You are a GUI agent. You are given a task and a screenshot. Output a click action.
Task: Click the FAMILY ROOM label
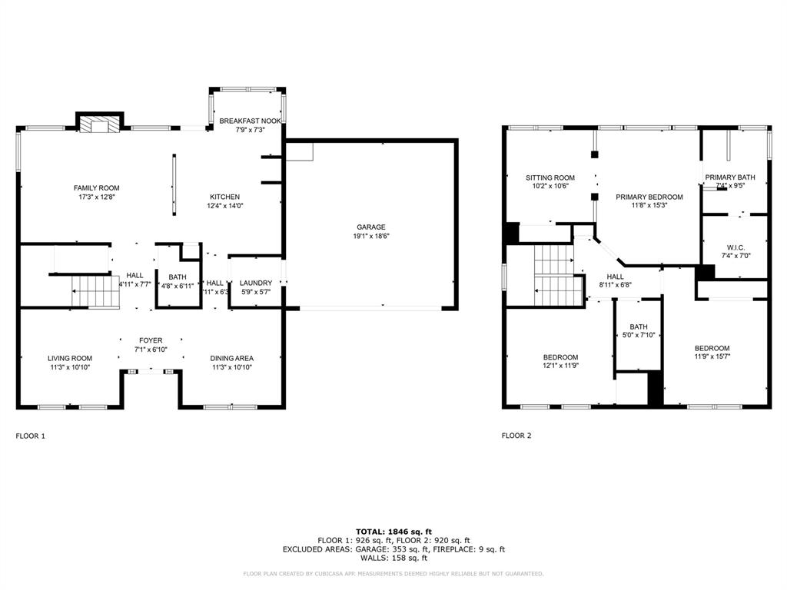click(x=96, y=188)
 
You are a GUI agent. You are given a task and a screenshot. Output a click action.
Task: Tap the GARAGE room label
click(x=370, y=227)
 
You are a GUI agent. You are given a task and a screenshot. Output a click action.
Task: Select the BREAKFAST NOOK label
click(x=250, y=121)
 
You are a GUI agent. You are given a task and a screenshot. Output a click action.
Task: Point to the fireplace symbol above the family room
click(x=99, y=124)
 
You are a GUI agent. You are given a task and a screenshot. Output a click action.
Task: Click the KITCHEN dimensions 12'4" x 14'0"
click(x=224, y=206)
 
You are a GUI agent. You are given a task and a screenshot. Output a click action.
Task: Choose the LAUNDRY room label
click(x=255, y=283)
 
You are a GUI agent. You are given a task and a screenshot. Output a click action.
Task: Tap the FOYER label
click(x=151, y=340)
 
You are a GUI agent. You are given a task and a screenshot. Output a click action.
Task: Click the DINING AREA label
click(x=232, y=358)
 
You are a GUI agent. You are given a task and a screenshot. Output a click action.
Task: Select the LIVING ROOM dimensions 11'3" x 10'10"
click(x=70, y=367)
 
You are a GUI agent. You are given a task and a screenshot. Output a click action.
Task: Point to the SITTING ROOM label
click(x=550, y=177)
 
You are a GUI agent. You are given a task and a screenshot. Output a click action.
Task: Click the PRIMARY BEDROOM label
click(x=649, y=197)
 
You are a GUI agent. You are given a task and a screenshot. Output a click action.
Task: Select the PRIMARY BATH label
click(x=730, y=177)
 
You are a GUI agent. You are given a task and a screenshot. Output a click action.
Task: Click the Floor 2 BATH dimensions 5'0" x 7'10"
click(x=638, y=335)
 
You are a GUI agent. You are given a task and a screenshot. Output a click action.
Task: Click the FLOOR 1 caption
click(x=31, y=436)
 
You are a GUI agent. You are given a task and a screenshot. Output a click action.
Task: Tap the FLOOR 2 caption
click(x=516, y=436)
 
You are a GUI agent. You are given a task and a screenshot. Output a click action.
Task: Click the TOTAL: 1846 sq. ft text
click(x=393, y=532)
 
